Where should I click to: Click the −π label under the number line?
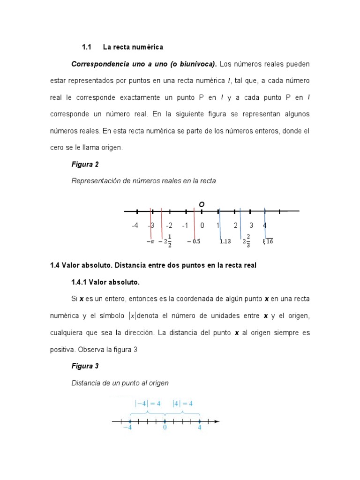(x=150, y=242)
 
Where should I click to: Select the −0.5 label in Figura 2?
(x=194, y=242)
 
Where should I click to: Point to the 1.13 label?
(x=225, y=242)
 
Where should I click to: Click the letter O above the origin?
(x=202, y=204)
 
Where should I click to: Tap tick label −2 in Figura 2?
(x=169, y=225)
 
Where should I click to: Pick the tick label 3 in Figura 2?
(x=251, y=225)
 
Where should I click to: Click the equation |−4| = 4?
(x=147, y=403)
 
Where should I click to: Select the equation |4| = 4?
(x=183, y=403)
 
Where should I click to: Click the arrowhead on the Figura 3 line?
(x=216, y=421)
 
